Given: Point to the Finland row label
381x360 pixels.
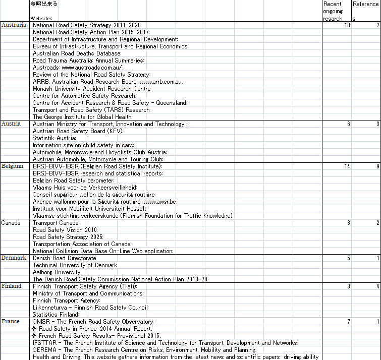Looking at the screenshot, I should (11, 286).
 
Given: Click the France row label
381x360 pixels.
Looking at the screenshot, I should (10, 322).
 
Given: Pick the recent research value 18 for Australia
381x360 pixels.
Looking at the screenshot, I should (347, 25).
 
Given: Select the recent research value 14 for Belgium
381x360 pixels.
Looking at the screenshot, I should (347, 166).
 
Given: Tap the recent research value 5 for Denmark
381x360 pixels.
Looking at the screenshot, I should (348, 258).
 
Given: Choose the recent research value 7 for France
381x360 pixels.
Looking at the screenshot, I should (348, 322).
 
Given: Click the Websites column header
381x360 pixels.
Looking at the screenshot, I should (41, 18).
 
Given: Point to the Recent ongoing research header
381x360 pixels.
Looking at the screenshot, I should (333, 11).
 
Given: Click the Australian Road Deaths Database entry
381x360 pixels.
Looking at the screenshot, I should (77, 53).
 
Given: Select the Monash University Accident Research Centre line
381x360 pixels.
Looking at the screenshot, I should (92, 89).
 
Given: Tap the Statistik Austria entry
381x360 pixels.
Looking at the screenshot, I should (55, 138).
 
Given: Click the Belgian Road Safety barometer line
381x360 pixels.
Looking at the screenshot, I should (74, 181).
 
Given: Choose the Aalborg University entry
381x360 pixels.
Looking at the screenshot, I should (57, 272).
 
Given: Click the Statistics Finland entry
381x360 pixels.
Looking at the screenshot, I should (56, 315).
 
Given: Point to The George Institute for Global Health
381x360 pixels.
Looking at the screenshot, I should (82, 117).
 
